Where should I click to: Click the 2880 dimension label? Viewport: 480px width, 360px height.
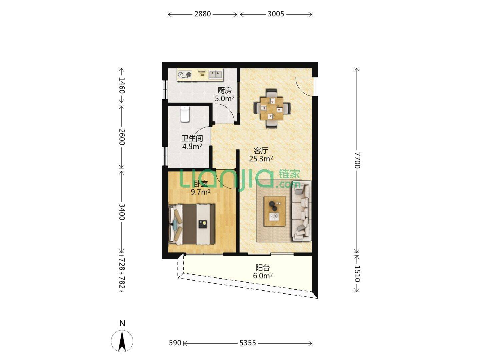tap(202, 14)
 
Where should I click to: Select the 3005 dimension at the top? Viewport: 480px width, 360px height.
tap(276, 14)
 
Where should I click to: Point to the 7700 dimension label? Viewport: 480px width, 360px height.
tap(357, 160)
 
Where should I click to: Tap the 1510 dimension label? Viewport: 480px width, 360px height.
tap(357, 274)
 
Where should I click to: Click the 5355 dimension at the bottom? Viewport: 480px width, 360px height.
tap(248, 343)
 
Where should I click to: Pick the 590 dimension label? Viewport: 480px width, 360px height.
tap(175, 343)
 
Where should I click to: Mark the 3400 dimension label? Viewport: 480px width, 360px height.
tap(122, 212)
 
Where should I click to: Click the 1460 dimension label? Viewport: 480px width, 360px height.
tap(122, 85)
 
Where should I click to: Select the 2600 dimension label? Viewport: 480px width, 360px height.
tap(122, 137)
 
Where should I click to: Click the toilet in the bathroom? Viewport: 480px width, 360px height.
tap(185, 114)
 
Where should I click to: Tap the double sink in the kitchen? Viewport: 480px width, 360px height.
tap(216, 74)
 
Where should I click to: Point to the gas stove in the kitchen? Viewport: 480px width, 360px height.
tap(185, 75)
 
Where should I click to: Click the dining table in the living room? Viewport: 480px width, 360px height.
tap(272, 108)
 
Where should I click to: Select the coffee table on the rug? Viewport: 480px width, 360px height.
tap(275, 211)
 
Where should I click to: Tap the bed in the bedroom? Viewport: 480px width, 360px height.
tap(192, 224)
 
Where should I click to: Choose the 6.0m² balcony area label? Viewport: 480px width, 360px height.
tap(263, 276)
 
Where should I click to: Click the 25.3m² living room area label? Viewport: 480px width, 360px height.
tap(261, 159)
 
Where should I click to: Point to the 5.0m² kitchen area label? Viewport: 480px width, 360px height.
tap(225, 99)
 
